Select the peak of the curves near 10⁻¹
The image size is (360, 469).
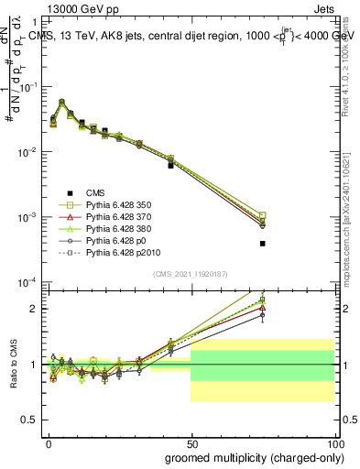point(61,103)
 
